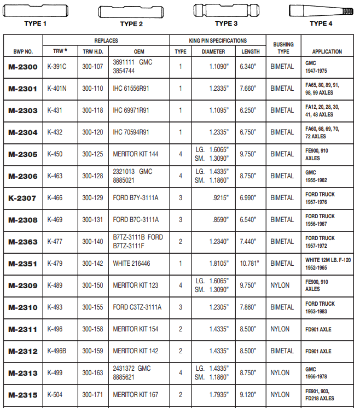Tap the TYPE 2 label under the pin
click(131, 24)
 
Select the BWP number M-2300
click(23, 67)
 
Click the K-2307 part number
click(23, 198)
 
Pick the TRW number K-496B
click(56, 351)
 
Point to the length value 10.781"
click(251, 264)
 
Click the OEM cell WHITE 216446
click(131, 264)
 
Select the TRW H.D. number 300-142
click(92, 264)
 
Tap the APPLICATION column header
click(327, 51)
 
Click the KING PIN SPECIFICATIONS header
click(218, 40)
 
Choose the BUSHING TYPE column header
click(282, 48)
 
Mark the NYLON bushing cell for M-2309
click(280, 285)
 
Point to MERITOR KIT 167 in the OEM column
click(135, 395)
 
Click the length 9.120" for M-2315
click(250, 395)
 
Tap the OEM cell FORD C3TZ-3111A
click(137, 307)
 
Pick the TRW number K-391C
click(56, 67)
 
